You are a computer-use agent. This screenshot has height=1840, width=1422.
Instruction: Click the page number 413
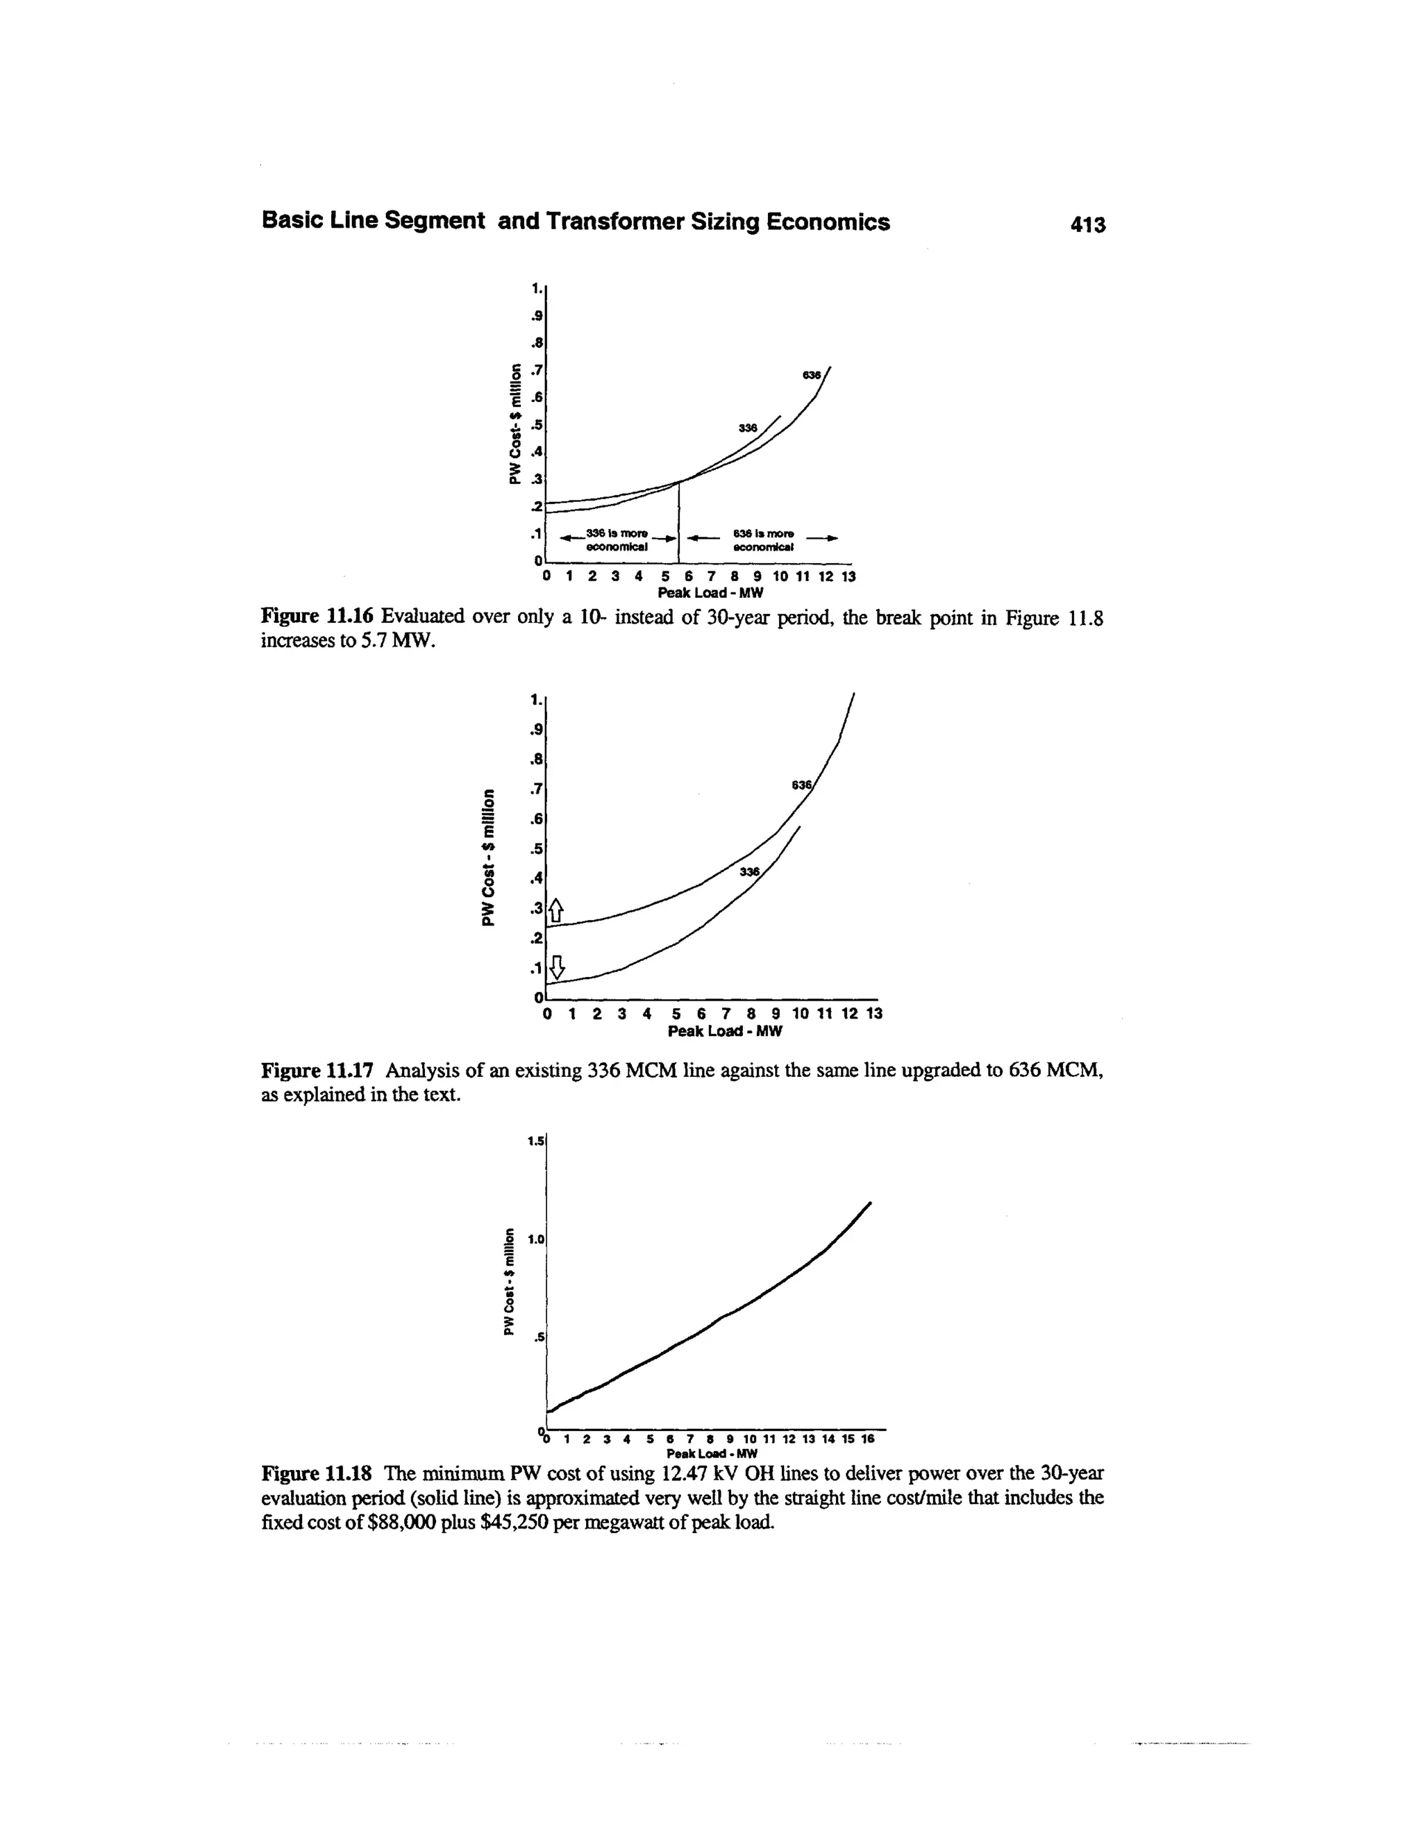1086,224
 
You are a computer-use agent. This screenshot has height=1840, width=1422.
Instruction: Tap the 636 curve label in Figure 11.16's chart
812,375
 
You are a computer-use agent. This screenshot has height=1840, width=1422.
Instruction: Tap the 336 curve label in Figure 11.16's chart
748,428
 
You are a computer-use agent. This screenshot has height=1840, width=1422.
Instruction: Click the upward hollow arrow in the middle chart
556,911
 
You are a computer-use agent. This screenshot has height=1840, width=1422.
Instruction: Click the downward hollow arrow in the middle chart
556,967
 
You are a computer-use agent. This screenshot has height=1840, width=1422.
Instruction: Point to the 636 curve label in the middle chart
801,785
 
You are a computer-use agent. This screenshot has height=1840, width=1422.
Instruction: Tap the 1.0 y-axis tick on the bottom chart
536,1239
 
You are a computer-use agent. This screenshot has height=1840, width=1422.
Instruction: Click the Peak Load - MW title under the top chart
715,592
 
